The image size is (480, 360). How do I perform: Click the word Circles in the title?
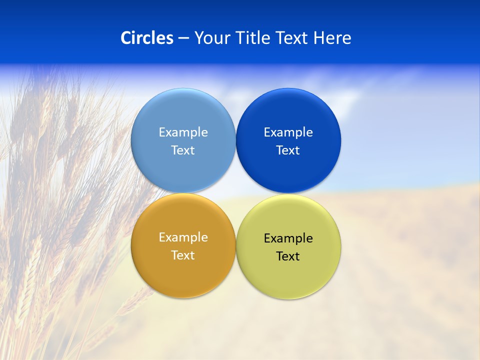point(147,38)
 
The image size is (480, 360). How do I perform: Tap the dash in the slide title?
point(183,38)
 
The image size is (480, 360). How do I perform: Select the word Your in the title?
point(210,38)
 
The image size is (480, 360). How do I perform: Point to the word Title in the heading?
point(253,38)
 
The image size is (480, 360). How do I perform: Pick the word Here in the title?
point(332,38)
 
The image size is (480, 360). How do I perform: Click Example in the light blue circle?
point(183,132)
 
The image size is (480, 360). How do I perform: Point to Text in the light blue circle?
point(183,150)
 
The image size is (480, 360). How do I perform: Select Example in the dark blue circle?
point(288,132)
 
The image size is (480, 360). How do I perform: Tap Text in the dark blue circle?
point(288,150)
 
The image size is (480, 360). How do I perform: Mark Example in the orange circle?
point(183,237)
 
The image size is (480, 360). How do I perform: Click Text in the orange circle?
point(183,255)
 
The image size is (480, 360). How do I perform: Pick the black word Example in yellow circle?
point(288,238)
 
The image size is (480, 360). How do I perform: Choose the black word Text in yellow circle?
point(288,256)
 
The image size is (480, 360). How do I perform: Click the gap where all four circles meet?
point(235,193)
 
